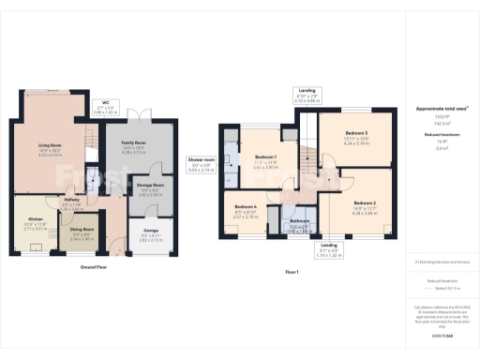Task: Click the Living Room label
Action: click(x=49, y=145)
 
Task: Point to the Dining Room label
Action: click(x=83, y=229)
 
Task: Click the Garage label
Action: click(x=151, y=229)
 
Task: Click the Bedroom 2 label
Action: click(x=366, y=202)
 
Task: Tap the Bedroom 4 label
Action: click(x=246, y=206)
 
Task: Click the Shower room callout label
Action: click(x=202, y=159)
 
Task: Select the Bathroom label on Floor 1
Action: click(x=299, y=221)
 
